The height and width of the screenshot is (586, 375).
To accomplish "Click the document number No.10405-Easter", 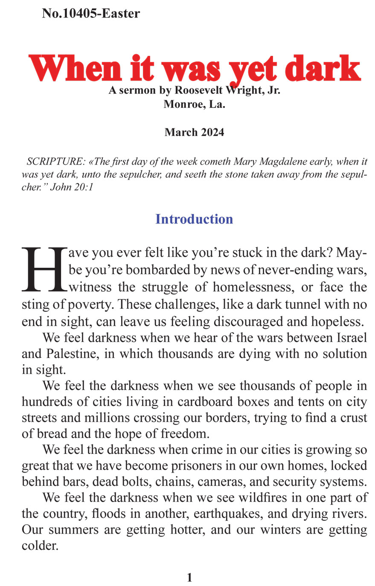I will pos(91,14).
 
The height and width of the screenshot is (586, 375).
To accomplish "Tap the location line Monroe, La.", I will pos(194,104).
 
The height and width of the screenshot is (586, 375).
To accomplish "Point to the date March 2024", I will pos(194,132).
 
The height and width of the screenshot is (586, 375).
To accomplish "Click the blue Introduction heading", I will pos(194,219).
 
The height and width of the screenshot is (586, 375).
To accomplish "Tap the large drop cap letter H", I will pos(44,270).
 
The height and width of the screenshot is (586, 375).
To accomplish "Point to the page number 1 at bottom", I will pos(190,577).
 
